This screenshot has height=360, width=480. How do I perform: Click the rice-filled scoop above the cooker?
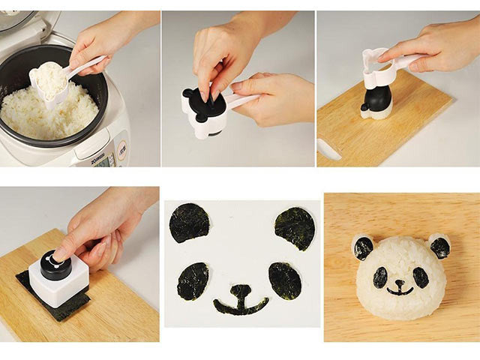coord(49,78)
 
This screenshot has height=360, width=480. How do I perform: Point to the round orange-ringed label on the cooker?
coord(120,139)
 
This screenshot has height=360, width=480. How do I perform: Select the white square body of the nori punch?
coord(58,282)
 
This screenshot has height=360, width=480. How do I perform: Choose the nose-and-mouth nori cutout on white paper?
coord(241,300)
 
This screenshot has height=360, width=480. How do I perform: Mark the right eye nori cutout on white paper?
coord(285,281)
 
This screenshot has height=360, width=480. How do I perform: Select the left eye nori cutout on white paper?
coord(193,281)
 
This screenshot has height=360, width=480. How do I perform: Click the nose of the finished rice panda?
coord(400,284)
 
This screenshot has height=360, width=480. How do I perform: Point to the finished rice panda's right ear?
coord(440,247)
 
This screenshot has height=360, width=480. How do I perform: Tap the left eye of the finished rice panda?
coord(380,277)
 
